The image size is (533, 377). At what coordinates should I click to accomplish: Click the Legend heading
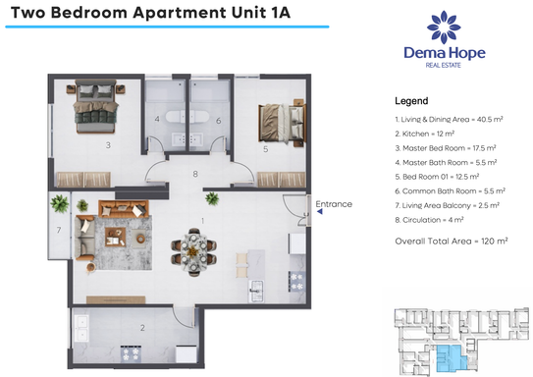coord(411,101)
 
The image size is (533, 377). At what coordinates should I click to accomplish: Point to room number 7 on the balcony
coord(59,230)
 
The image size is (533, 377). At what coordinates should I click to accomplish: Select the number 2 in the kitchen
coord(142,327)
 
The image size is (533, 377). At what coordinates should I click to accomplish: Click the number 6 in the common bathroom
coord(218,121)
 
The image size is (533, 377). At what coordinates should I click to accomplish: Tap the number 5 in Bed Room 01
coord(265,149)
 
